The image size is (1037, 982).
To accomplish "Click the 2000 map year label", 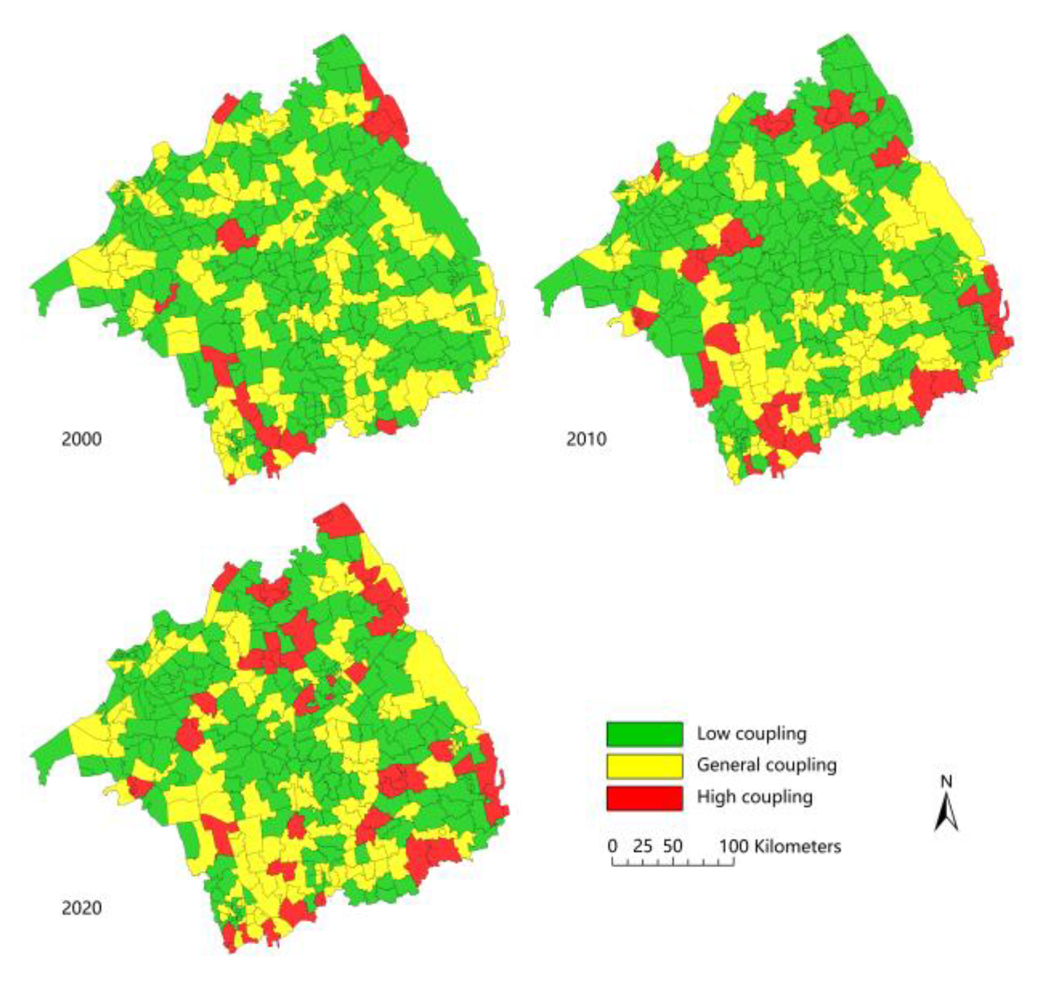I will (x=81, y=439).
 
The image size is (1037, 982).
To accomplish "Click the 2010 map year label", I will (x=586, y=439).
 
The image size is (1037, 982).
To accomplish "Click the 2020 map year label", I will (x=81, y=907).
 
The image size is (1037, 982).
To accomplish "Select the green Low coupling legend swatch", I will (x=644, y=734).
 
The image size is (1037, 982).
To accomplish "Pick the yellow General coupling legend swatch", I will (x=644, y=766).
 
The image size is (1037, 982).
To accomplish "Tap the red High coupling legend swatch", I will (x=644, y=798).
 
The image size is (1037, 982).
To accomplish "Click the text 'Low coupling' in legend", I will (x=751, y=734).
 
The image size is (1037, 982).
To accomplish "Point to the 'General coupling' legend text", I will (x=766, y=765).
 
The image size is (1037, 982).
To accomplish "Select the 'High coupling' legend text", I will (x=755, y=797).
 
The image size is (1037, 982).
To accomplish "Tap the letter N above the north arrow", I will (x=946, y=782).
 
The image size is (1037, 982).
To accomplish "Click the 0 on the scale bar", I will (x=612, y=846).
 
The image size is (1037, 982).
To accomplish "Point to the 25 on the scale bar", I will (x=642, y=846).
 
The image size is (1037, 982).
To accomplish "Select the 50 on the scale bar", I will (x=673, y=846).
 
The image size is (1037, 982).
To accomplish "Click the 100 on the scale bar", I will (x=734, y=846).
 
